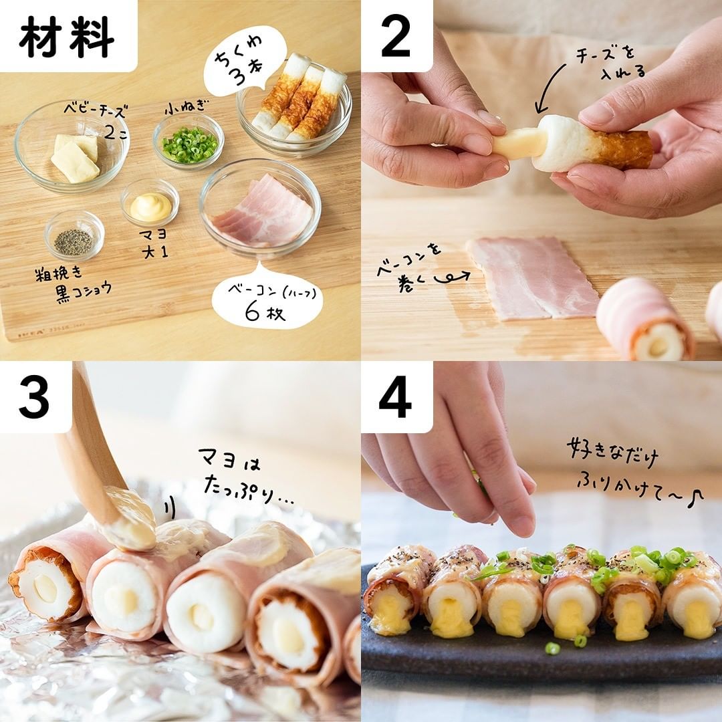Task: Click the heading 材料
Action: point(67,37)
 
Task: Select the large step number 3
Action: point(34,396)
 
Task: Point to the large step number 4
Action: point(394,396)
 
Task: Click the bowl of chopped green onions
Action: point(189,140)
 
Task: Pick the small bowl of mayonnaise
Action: point(150,203)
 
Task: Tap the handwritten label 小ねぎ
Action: point(185,108)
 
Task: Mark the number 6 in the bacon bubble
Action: point(253,313)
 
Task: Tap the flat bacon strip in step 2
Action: point(532,278)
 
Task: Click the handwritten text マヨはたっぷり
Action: point(244,477)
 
